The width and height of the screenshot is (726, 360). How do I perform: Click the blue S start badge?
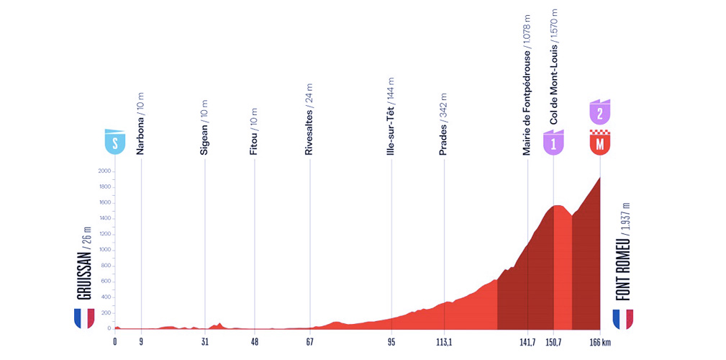click(115, 141)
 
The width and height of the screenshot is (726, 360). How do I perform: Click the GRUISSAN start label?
click(84, 267)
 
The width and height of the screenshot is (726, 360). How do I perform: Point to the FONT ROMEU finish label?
click(623, 251)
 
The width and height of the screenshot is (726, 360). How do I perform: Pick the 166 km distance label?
click(599, 342)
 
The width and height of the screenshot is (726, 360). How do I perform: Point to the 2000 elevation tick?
click(104, 171)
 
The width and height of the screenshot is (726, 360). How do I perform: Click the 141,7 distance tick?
click(527, 342)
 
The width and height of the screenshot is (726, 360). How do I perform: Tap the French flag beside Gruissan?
click(84, 318)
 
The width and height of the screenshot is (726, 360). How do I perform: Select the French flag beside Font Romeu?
click(623, 318)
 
